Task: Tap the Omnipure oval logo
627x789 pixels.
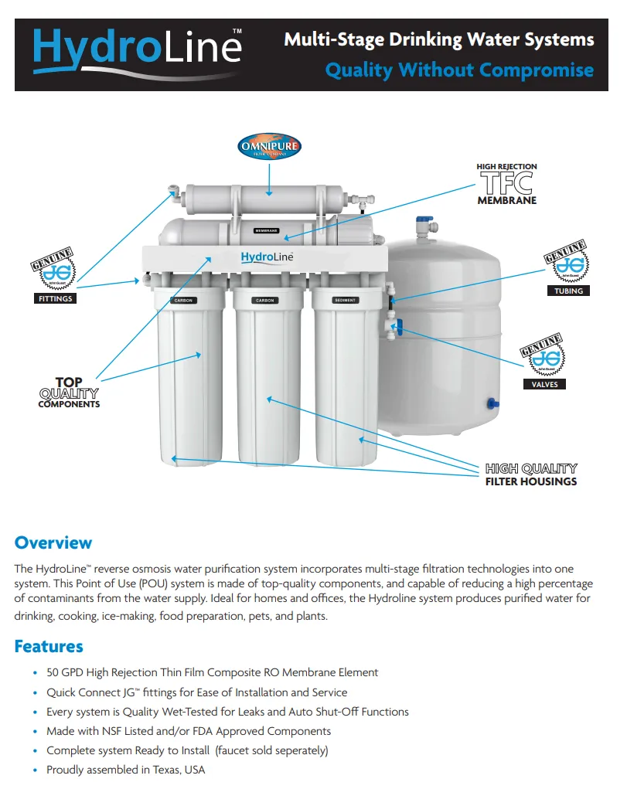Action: click(269, 146)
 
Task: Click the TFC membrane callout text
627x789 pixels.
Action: click(506, 184)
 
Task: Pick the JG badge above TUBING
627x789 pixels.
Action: click(567, 264)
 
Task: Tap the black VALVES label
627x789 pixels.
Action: click(544, 384)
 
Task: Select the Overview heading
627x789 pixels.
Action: click(53, 542)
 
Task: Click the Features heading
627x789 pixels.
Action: click(49, 646)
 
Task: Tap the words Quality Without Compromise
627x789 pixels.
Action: click(459, 70)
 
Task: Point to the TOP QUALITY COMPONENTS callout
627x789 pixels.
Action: click(69, 393)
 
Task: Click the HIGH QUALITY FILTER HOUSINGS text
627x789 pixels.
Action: click(530, 474)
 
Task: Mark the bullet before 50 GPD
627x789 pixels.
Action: click(35, 673)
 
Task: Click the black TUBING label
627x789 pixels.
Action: click(568, 291)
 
